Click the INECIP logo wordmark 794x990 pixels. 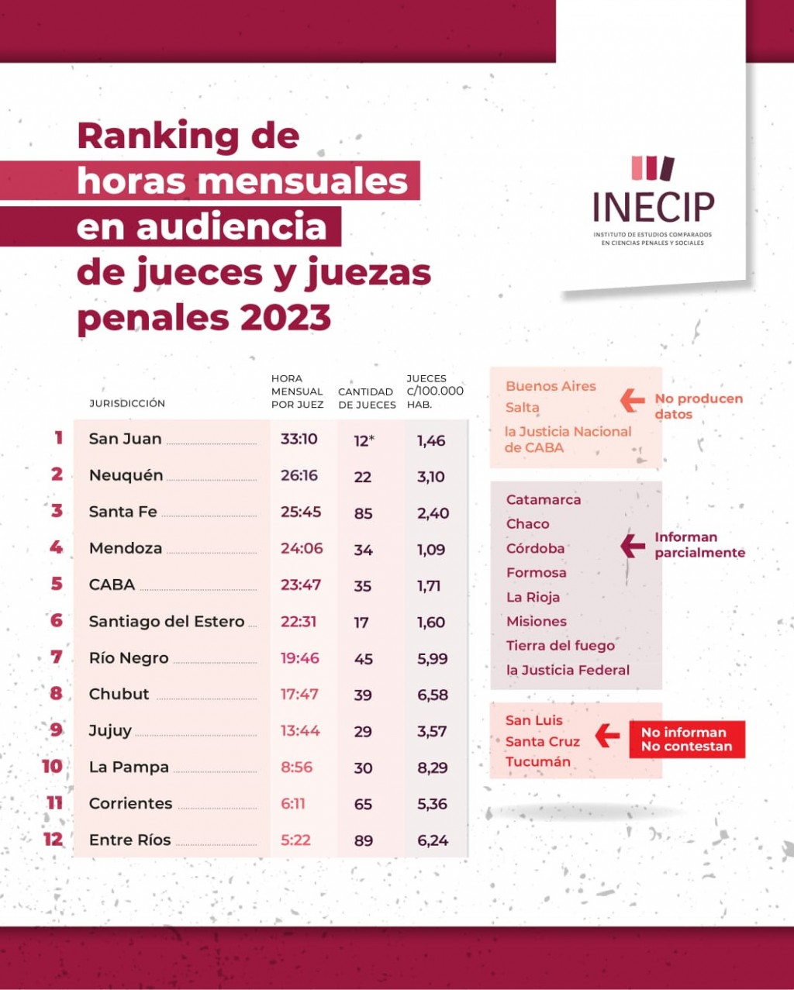coord(653,206)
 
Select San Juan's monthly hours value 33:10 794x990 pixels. coord(299,439)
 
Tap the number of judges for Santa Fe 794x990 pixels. coord(363,513)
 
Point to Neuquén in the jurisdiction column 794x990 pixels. coord(126,475)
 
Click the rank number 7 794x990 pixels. coord(57,657)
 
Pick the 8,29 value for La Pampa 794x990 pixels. coord(433,768)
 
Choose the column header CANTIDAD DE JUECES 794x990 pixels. coord(367,398)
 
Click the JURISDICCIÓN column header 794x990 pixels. coord(127,403)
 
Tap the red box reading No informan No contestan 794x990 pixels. coord(686,740)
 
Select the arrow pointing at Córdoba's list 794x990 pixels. coord(633,546)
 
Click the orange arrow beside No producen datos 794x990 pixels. coord(633,400)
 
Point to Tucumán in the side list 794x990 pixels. coord(537,762)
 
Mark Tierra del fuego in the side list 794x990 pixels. coord(560,646)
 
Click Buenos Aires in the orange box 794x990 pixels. coord(551,386)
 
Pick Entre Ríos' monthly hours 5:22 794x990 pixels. coord(295,840)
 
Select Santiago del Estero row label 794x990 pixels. coord(167,621)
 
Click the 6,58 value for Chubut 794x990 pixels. coord(433,695)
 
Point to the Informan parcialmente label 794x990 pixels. coord(699,545)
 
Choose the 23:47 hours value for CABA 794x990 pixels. coord(301,585)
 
